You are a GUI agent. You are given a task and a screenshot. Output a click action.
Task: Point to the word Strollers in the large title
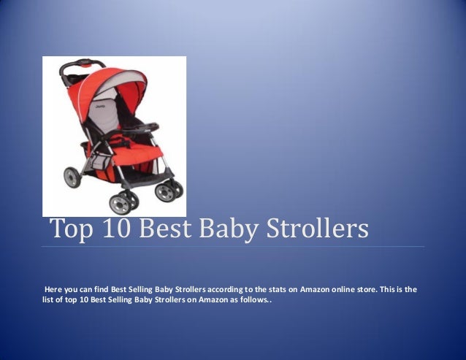323,229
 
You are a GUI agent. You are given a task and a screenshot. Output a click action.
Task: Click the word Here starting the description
55,290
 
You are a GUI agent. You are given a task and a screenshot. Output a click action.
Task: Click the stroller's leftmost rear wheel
72,177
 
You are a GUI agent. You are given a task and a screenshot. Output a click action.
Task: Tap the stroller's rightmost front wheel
169,191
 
